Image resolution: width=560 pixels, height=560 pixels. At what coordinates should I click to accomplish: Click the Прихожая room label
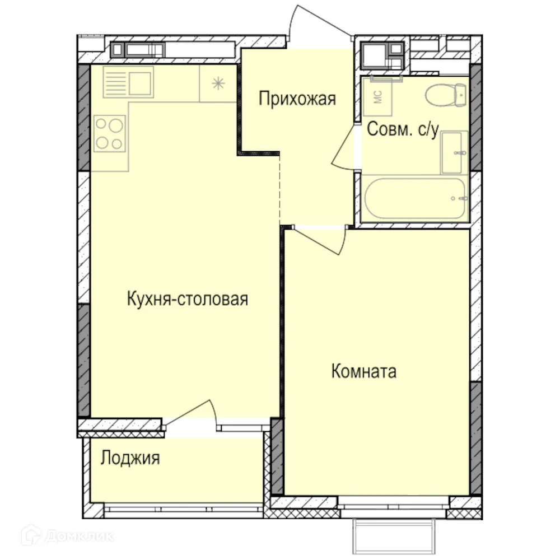[x=297, y=99]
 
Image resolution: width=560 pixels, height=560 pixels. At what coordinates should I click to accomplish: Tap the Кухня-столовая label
[x=187, y=298]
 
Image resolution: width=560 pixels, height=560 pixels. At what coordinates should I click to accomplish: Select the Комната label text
[x=364, y=371]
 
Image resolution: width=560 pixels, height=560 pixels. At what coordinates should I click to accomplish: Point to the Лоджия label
[x=130, y=458]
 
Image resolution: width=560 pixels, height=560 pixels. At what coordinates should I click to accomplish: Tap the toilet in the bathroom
[x=446, y=95]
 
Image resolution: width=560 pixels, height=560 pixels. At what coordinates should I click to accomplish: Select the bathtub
[x=414, y=199]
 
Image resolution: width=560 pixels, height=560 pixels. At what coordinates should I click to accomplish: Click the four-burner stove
[x=109, y=133]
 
